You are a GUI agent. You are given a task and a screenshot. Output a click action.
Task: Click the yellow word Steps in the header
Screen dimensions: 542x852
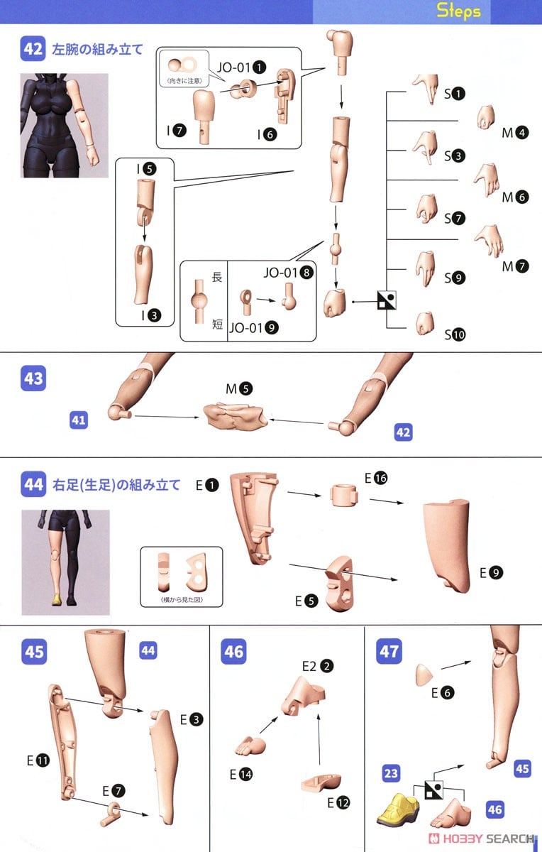coord(458,10)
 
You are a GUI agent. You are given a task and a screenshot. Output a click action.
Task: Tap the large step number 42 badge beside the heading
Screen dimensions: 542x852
coord(33,49)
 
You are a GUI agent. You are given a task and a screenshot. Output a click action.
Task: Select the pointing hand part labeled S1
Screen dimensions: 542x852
coord(426,89)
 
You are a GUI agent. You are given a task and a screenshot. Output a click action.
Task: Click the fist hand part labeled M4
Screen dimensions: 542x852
coord(486,117)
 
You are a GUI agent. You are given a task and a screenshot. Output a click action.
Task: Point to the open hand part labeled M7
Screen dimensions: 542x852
coord(490,241)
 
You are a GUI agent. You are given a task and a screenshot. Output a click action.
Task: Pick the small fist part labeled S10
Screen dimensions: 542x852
coord(425,324)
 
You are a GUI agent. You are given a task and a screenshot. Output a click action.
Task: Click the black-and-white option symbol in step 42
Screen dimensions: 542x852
coord(387,300)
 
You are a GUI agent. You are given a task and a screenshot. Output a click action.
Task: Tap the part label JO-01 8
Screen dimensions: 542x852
coord(289,273)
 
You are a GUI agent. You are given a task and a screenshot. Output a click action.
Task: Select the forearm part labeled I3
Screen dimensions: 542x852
coord(143,275)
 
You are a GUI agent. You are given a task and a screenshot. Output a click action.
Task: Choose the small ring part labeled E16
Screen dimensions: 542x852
coord(343,495)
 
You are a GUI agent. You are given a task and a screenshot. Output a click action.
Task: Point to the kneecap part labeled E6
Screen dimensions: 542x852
coord(424,675)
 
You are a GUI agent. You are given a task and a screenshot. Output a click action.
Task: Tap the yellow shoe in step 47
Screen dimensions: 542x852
coord(398,809)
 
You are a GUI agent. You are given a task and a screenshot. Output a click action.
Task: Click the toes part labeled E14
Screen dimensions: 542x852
coord(250,745)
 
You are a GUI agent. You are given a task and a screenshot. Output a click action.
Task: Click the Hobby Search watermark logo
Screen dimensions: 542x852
coord(481,839)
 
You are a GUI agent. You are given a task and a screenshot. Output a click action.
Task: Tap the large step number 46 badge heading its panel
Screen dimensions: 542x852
coord(233,652)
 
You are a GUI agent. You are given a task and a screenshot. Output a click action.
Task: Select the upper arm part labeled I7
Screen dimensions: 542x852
coord(204,116)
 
